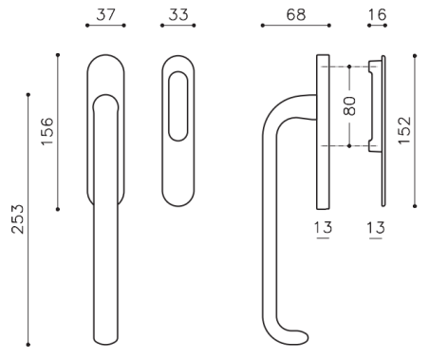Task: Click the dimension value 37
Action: click(105, 15)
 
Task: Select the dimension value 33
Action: click(177, 15)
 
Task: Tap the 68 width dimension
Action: click(295, 15)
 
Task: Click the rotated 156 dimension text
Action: click(46, 132)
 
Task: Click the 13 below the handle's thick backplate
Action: click(323, 228)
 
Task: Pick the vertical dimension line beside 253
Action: click(28, 218)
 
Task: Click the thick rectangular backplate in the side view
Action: click(323, 133)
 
